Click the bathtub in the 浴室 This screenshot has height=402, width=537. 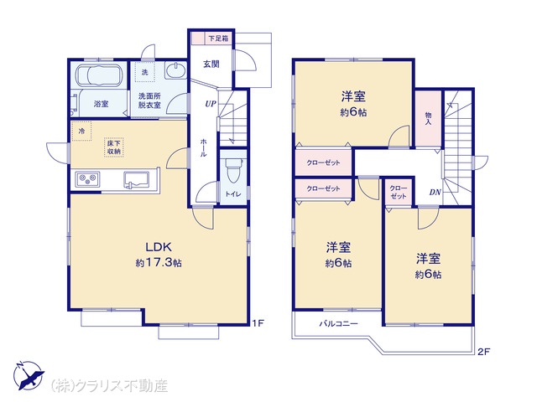[x=99, y=75]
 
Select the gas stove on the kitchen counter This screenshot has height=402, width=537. [x=88, y=179]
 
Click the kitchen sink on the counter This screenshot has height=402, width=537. [x=136, y=180]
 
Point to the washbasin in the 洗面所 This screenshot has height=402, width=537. [x=175, y=70]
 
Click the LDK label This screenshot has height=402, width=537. [x=159, y=246]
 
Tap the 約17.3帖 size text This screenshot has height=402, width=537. [x=159, y=262]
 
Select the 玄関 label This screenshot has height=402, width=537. [x=211, y=64]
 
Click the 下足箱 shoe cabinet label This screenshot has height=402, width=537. [x=218, y=39]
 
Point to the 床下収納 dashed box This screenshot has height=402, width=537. [x=114, y=147]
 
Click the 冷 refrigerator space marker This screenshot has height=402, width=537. [x=81, y=131]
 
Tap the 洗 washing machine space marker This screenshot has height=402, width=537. [x=144, y=72]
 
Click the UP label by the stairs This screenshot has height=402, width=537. [x=211, y=104]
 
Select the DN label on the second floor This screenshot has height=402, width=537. [x=435, y=193]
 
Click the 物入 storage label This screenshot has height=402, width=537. [x=428, y=118]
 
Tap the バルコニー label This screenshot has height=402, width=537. [x=338, y=323]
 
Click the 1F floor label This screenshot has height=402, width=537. [x=258, y=323]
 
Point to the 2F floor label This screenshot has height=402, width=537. [x=484, y=352]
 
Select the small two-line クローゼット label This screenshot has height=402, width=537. [x=398, y=193]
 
